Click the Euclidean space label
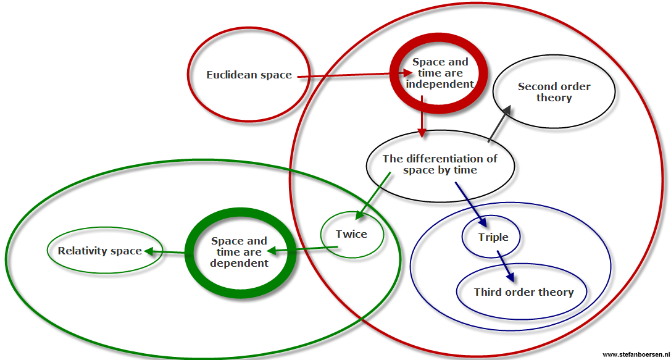pos(249,75)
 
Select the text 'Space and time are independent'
pos(440,73)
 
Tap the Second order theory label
pos(554,92)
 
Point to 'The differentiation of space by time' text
pos(440,164)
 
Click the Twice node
pos(351,235)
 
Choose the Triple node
pos(493,237)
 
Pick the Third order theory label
pos(523,292)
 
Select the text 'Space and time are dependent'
pos(239,252)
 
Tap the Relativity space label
pos(100,251)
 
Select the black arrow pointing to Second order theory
pos(499,123)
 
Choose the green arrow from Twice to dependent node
pos(302,249)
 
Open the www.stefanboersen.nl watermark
pos(635,354)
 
